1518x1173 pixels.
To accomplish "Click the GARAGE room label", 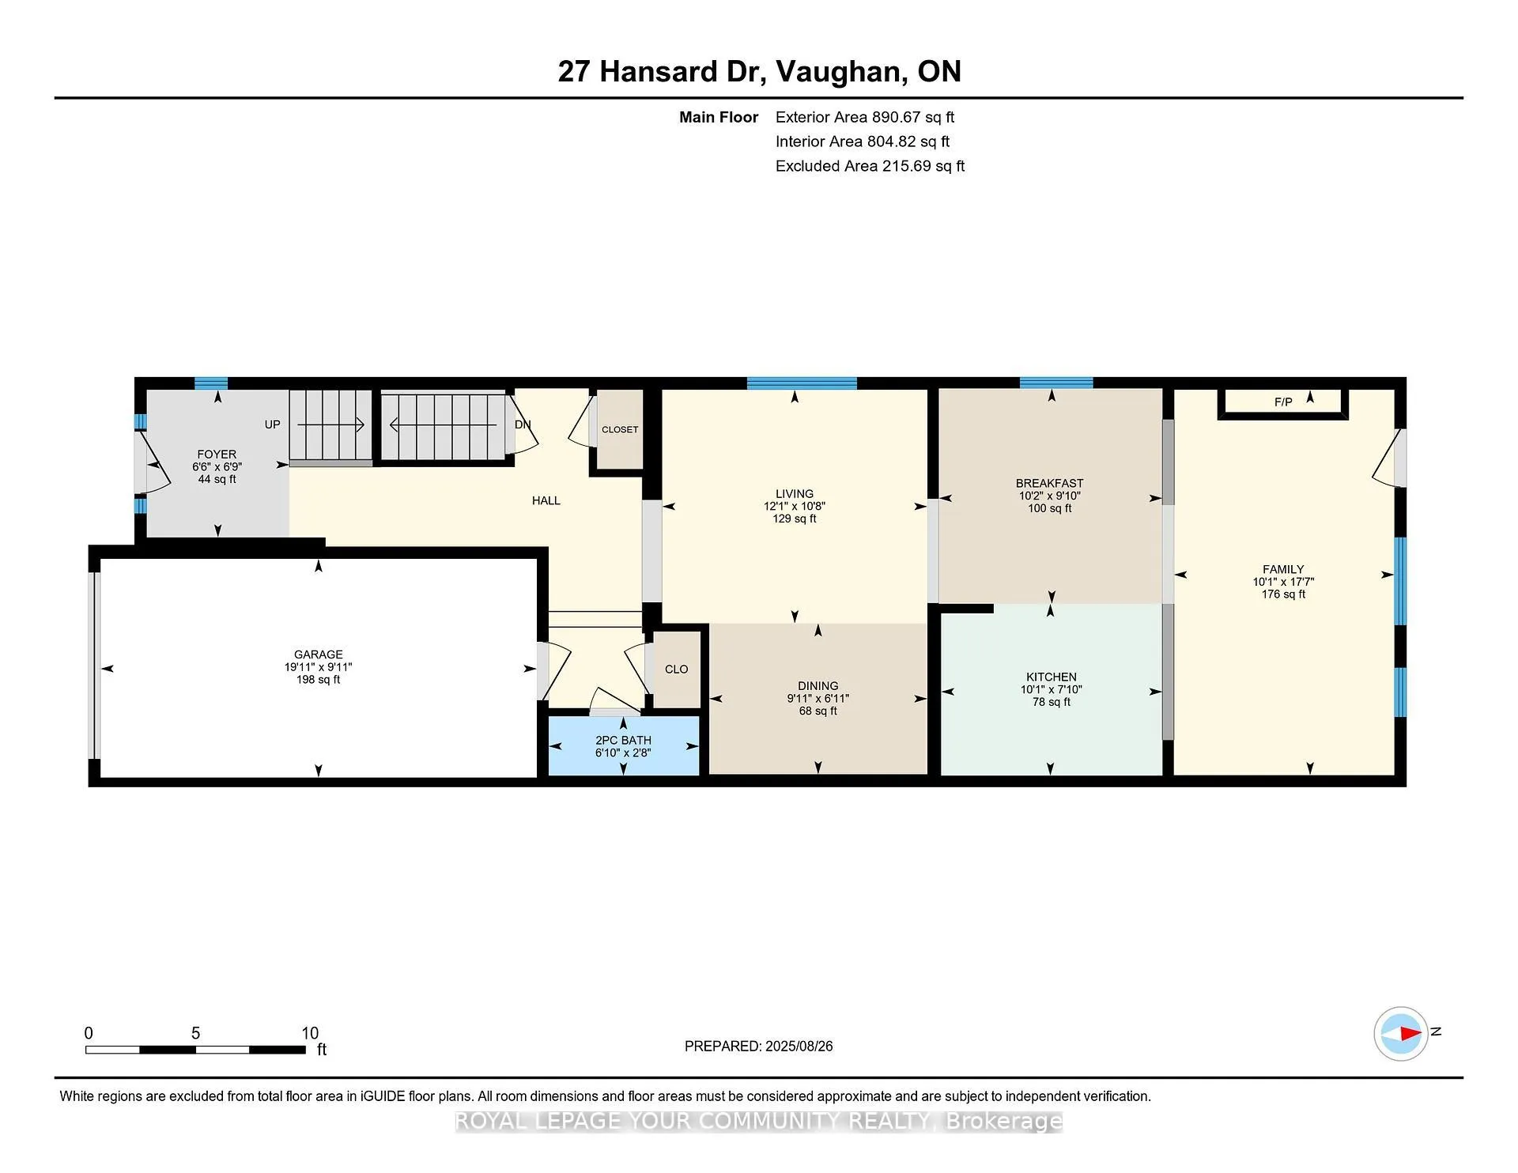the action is click(318, 654).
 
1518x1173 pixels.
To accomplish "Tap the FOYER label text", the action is click(217, 454).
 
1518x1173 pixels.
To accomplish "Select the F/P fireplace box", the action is click(1283, 403).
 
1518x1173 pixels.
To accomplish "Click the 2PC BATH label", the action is click(623, 741).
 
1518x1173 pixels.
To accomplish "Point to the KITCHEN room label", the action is click(1051, 677).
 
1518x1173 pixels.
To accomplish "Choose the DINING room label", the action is click(818, 686).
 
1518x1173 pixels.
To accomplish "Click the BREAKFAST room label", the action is click(1049, 483).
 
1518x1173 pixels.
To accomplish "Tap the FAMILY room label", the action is click(1283, 569).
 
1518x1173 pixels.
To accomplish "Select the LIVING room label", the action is click(794, 494).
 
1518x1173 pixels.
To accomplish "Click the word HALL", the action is click(546, 500).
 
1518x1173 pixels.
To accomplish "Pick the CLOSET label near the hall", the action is click(620, 429).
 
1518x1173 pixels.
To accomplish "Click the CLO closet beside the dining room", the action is click(676, 669).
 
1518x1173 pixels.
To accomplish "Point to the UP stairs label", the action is click(272, 424).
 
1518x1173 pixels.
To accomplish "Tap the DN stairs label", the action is click(523, 424).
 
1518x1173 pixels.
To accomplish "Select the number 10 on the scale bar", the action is click(310, 1033).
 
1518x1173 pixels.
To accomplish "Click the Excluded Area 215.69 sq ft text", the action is click(870, 166).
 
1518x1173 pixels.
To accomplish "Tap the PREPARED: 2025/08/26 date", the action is click(758, 1046).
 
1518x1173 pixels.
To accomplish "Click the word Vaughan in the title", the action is click(840, 71).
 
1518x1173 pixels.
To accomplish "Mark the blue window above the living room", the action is click(802, 383).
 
